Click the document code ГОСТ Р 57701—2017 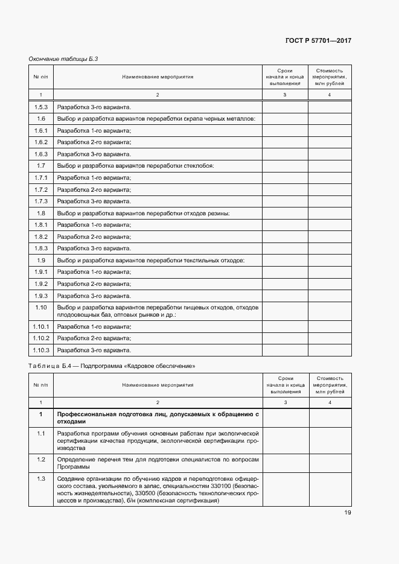click(x=318, y=41)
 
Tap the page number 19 click(x=348, y=513)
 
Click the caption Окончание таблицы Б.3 click(x=63, y=59)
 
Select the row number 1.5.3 click(x=40, y=107)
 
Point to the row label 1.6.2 click(x=40, y=142)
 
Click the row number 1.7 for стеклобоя click(x=40, y=166)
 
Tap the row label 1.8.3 click(x=40, y=248)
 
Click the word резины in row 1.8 click(x=219, y=213)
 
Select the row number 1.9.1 click(x=40, y=271)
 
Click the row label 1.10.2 click(x=40, y=338)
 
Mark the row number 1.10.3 click(x=40, y=350)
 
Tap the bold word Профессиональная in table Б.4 click(x=84, y=414)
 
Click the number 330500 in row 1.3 click(x=148, y=493)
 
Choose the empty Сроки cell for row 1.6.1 click(x=285, y=131)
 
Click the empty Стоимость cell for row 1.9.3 click(x=330, y=295)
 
